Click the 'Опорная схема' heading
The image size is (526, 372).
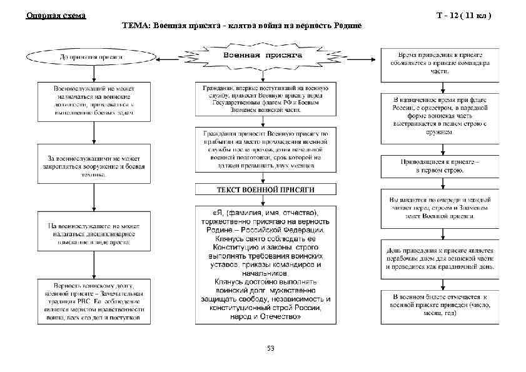coord(56,15)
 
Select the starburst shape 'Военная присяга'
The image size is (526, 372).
coord(263,56)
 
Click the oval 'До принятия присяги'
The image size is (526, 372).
coord(91,57)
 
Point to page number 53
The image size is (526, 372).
coord(270,348)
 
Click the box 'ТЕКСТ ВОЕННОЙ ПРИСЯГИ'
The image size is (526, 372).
coord(265,189)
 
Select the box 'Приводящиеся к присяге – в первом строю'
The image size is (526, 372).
coord(440,165)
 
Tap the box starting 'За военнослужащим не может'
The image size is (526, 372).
coord(94,164)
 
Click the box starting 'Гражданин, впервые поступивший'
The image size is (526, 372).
coord(265,99)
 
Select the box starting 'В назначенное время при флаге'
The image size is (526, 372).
coord(440,116)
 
